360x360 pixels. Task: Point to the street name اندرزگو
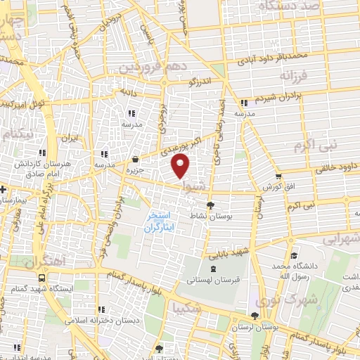tap(203, 82)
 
